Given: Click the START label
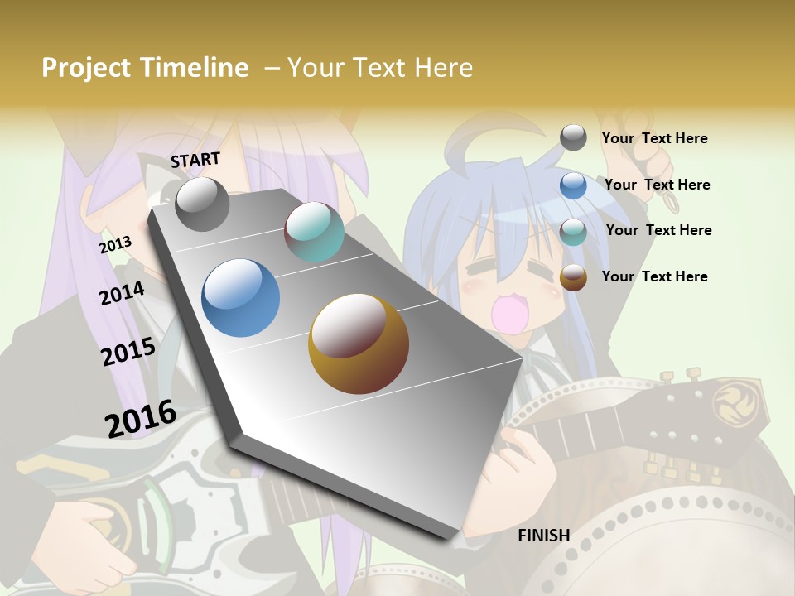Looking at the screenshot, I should click(195, 160).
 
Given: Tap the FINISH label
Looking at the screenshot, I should click(544, 536).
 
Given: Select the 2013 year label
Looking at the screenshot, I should click(115, 244).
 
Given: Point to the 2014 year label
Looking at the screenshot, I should click(122, 293).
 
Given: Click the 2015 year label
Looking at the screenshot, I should click(128, 352).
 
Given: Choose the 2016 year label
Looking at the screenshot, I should click(141, 418).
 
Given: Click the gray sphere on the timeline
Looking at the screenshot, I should click(202, 204).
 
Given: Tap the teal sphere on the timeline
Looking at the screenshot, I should click(314, 232).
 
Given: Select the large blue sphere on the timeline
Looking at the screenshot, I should click(240, 298).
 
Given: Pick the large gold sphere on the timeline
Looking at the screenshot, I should click(358, 344).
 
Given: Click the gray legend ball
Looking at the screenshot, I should click(573, 138).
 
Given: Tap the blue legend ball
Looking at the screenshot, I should click(573, 185).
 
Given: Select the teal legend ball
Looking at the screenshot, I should click(573, 231).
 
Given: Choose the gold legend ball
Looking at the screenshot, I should click(573, 277).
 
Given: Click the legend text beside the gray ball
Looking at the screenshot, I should click(654, 139).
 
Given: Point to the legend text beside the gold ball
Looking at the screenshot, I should click(654, 276).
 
